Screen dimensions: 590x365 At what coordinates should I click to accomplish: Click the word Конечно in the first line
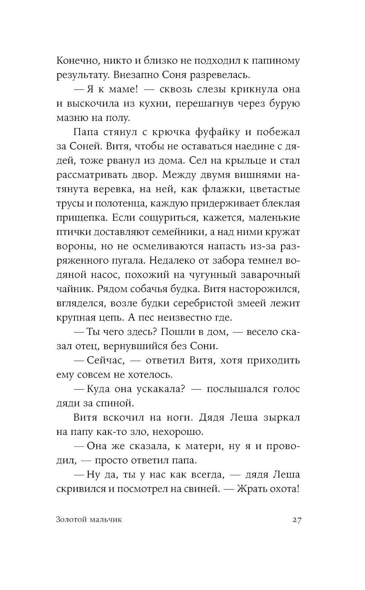pyautogui.click(x=75, y=61)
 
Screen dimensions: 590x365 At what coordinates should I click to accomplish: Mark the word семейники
pyautogui.click(x=208, y=232)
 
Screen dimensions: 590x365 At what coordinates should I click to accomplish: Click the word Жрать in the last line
pyautogui.click(x=252, y=489)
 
